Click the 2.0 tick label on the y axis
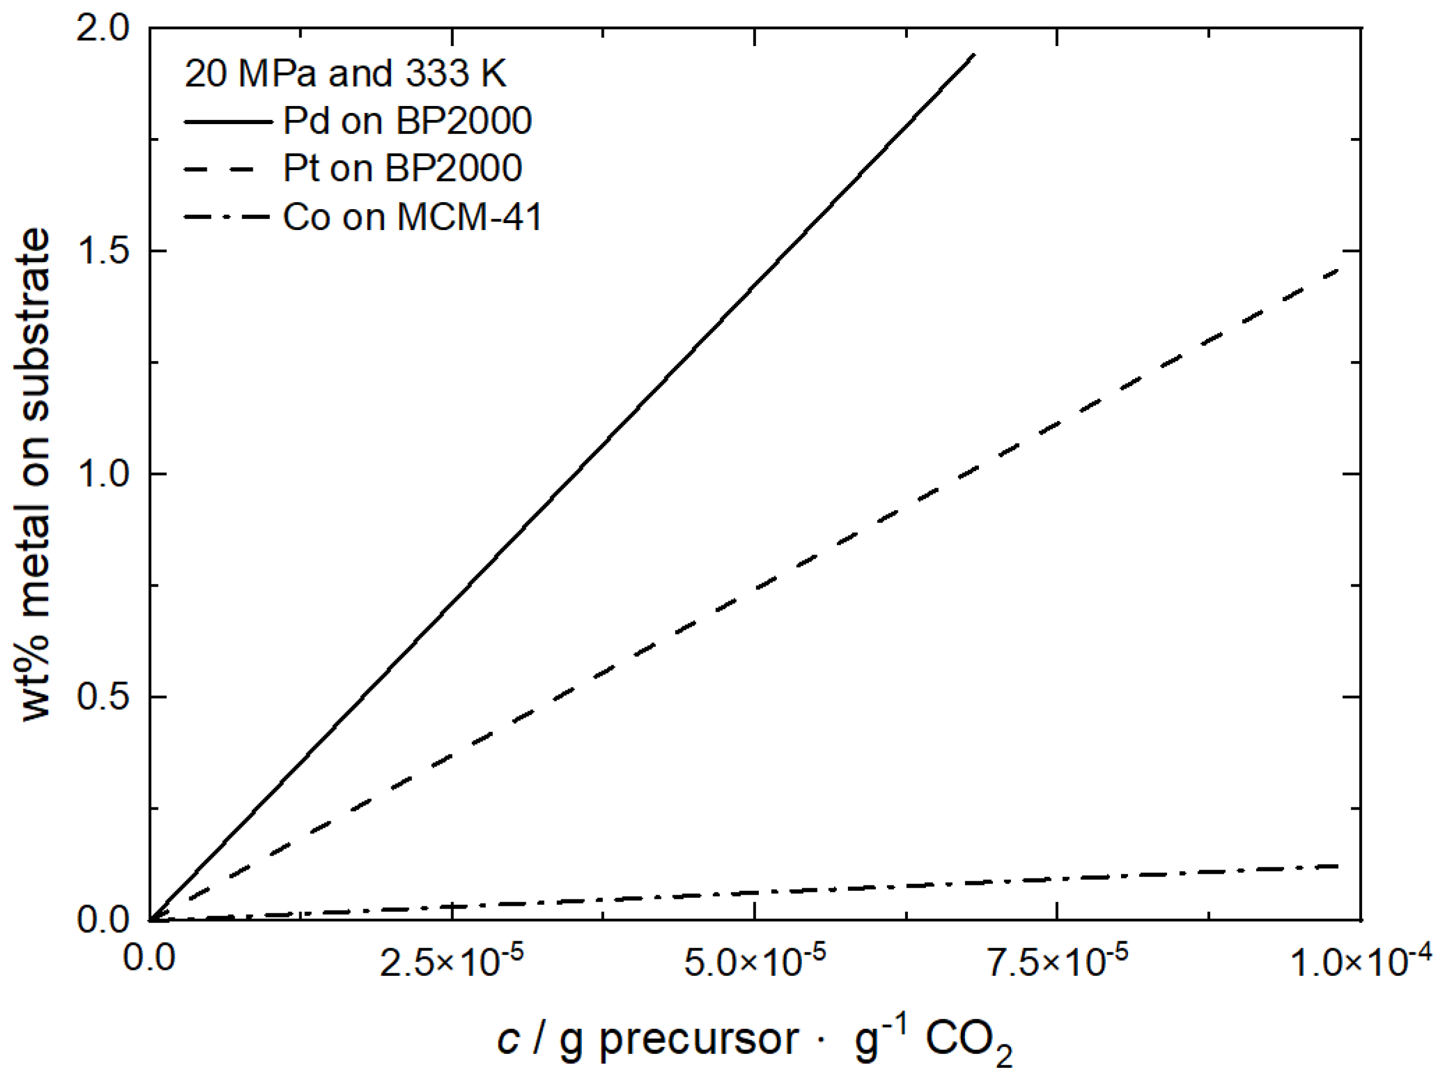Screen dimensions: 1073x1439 [x=102, y=29]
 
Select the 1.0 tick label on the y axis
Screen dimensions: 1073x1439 [x=102, y=475]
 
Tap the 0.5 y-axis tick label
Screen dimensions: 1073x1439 [x=102, y=697]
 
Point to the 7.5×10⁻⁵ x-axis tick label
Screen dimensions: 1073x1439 [x=1057, y=961]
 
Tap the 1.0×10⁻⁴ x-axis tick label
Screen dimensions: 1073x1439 [x=1360, y=961]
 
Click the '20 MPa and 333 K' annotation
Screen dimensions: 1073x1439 [x=345, y=73]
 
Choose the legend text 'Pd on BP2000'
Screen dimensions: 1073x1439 [x=407, y=121]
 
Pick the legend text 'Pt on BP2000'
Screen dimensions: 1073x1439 [x=402, y=168]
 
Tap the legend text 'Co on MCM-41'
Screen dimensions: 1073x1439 [x=412, y=216]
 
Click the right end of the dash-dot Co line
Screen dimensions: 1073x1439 [x=1339, y=866]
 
